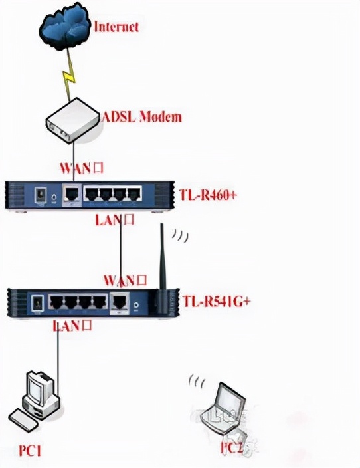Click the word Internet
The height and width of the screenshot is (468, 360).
click(117, 27)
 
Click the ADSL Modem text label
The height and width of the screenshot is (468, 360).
click(141, 117)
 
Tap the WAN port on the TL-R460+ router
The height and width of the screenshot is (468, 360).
click(71, 194)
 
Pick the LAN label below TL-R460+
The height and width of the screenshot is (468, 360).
click(114, 220)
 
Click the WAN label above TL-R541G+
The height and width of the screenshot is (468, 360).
click(124, 280)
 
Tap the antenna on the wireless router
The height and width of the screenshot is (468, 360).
click(161, 266)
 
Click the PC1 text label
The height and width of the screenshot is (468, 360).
click(30, 452)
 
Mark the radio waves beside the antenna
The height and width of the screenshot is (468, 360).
click(179, 235)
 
